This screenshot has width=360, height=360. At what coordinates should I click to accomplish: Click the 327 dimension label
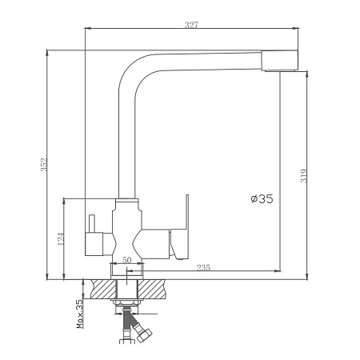pos(192,25)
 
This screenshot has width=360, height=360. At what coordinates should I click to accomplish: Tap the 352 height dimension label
pos(44,165)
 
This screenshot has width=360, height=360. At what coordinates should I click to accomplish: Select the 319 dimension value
pos(304,176)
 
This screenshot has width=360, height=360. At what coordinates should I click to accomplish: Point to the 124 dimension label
pos(61,239)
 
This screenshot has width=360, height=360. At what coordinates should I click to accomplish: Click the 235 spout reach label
pos(203,267)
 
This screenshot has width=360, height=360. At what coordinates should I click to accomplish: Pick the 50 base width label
pos(127,260)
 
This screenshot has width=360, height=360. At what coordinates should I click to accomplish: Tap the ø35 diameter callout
pos(262,198)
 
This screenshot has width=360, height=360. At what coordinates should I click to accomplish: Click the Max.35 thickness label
pos(80,314)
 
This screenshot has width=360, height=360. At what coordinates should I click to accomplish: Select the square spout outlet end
pos(279,61)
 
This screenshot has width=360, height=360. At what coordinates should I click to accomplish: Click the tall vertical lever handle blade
pos(187,212)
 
